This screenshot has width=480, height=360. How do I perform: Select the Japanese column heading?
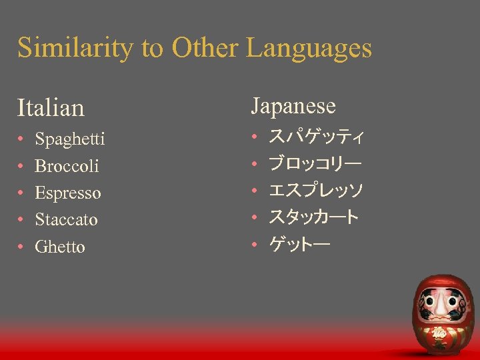(293, 105)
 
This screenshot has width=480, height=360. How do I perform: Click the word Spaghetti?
(69, 139)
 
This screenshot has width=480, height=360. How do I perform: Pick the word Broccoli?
(67, 166)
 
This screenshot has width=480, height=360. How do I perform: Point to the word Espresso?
(68, 193)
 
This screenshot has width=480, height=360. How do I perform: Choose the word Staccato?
(66, 219)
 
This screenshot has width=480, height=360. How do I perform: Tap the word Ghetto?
(60, 247)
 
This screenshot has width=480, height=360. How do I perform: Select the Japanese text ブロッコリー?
(315, 164)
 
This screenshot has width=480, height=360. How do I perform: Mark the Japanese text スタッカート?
(313, 217)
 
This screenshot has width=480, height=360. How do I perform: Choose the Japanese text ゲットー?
(299, 245)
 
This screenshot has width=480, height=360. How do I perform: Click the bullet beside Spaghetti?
(21, 140)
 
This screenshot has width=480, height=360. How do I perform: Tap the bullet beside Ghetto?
(21, 247)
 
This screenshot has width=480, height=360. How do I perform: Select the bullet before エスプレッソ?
(255, 191)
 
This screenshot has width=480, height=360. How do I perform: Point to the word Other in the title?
(205, 48)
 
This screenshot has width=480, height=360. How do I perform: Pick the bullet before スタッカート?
(255, 218)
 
